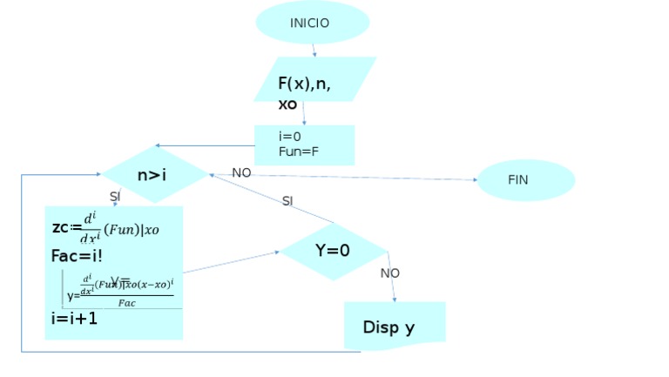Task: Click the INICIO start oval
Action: click(x=312, y=23)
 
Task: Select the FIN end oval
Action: click(x=525, y=180)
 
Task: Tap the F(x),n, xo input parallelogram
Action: click(x=314, y=80)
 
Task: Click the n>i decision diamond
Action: click(x=154, y=175)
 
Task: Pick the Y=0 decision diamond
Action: click(x=332, y=251)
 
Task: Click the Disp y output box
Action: click(x=394, y=326)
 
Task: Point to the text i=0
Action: click(x=290, y=137)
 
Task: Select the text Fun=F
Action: click(x=299, y=151)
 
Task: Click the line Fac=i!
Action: click(x=77, y=257)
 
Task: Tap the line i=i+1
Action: click(x=74, y=319)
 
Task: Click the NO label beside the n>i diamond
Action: click(x=241, y=173)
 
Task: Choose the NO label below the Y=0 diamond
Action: click(x=390, y=273)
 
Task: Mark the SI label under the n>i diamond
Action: click(x=115, y=197)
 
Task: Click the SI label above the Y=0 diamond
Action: click(x=287, y=201)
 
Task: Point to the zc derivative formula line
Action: click(x=105, y=228)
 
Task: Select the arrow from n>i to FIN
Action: click(x=348, y=178)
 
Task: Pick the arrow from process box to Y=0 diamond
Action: click(x=231, y=263)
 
